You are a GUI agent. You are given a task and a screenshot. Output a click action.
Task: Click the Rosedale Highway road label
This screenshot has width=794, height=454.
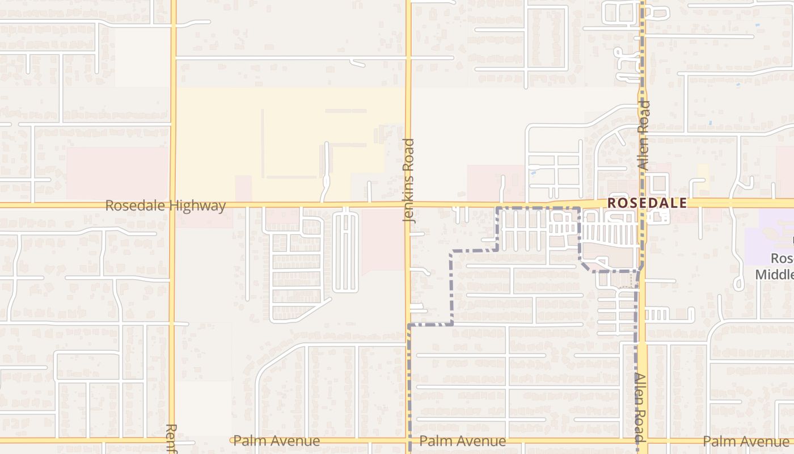pos(166,205)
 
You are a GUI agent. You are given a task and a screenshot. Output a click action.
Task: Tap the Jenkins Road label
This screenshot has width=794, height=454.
pos(409,180)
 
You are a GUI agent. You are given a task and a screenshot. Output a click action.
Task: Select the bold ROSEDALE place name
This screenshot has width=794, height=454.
pos(647,203)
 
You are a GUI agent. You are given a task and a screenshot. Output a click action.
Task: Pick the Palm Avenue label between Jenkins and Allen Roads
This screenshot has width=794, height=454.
pos(462,441)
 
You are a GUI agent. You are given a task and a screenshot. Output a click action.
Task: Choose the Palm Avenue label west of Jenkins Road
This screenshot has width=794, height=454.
pos(276,441)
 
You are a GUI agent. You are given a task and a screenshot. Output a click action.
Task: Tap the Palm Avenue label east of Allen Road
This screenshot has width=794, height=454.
pos(745,441)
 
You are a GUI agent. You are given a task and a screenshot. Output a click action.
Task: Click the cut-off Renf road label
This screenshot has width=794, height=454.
pos(172,439)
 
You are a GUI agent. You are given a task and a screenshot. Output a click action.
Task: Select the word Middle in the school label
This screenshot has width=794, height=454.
pos(775,275)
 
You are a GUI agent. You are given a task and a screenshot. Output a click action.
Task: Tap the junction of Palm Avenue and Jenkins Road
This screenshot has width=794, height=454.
pos(408,440)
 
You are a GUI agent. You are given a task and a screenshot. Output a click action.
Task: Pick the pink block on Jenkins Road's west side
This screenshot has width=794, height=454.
pos(383,238)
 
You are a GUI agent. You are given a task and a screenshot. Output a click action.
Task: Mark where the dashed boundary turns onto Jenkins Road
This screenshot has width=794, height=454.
pos(409,325)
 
